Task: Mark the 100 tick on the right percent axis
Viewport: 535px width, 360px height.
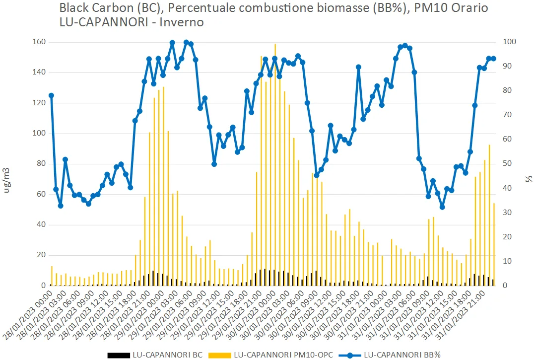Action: (508, 42)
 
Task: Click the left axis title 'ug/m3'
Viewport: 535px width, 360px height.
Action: (7, 181)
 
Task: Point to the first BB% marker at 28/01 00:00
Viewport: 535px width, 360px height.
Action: (51, 95)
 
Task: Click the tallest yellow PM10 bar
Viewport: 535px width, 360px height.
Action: (275, 164)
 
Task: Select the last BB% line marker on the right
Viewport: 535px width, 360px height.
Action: (493, 59)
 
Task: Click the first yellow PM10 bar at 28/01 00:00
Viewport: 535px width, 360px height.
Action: (52, 276)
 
